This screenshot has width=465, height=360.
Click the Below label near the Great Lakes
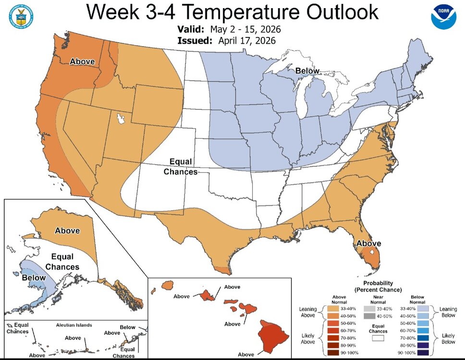[307, 71]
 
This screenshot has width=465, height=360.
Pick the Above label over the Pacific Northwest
[82, 61]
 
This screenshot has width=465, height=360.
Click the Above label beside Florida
[368, 243]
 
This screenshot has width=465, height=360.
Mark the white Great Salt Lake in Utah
[120, 118]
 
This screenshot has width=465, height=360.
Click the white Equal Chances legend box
[380, 338]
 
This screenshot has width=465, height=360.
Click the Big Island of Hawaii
[269, 336]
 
